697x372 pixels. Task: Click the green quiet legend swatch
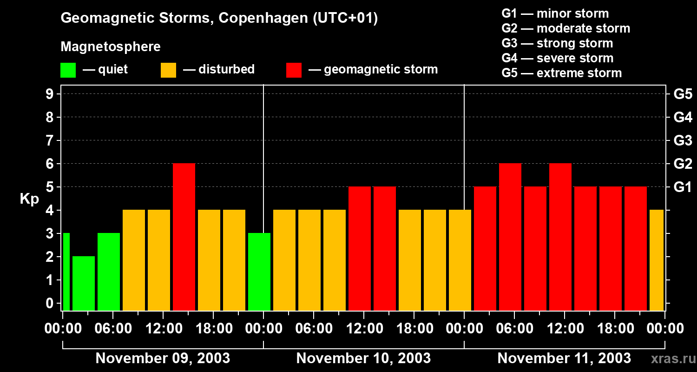pos(68,70)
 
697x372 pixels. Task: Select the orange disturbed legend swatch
pos(168,70)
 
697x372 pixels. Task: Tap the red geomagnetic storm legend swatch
pos(294,70)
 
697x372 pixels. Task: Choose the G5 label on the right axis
pos(683,94)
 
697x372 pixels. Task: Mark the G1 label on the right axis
pos(683,187)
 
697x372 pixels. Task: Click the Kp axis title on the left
pos(29,199)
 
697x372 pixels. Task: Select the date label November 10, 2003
pos(363,358)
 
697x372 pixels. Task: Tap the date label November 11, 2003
pos(564,358)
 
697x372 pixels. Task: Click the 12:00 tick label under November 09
pos(163,328)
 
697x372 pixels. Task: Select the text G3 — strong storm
pos(557,43)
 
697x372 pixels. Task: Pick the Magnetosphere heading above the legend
pos(111,47)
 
